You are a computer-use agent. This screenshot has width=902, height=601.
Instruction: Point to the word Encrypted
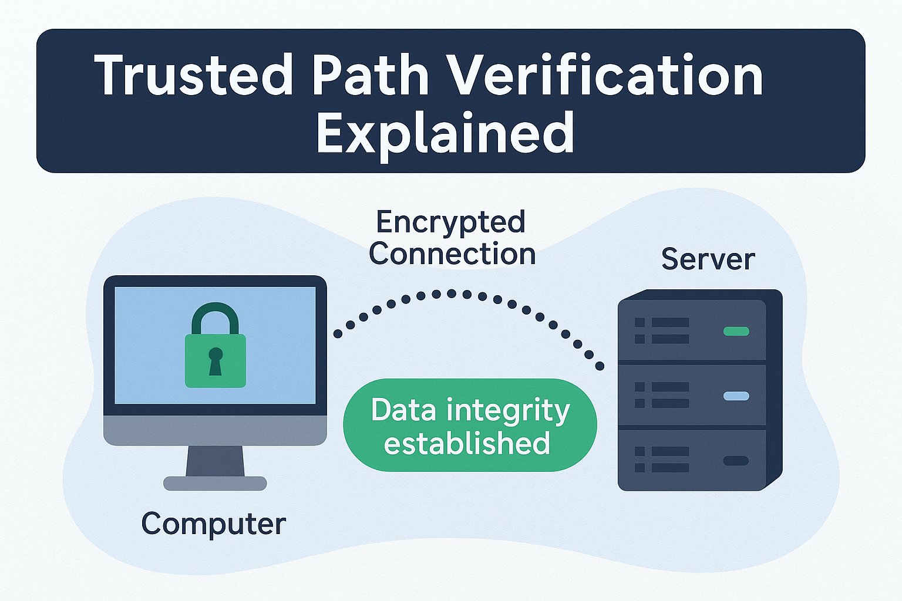click(450, 222)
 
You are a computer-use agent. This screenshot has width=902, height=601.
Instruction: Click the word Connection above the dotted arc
click(452, 254)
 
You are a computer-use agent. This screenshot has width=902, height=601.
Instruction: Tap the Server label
click(708, 259)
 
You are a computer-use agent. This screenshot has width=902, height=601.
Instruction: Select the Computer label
click(213, 524)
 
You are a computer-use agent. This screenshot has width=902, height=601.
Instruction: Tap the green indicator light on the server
click(736, 331)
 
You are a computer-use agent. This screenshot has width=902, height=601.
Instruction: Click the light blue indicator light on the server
click(736, 396)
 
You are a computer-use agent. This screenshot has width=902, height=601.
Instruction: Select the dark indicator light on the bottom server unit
click(736, 461)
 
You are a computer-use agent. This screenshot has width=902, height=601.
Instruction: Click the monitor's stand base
click(215, 483)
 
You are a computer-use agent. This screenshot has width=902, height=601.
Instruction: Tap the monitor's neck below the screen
click(215, 461)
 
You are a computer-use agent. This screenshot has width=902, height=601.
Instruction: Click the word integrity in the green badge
click(508, 411)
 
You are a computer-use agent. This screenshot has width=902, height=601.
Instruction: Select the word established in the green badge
click(467, 443)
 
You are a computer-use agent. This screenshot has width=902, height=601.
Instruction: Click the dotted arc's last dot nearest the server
click(600, 366)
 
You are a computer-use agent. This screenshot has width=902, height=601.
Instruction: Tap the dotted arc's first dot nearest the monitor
click(338, 334)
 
